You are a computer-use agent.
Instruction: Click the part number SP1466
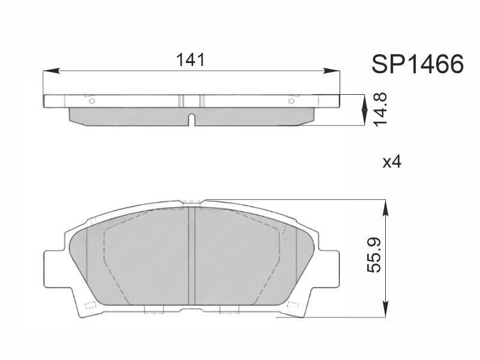(x=418, y=64)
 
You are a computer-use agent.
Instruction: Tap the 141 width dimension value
(x=190, y=60)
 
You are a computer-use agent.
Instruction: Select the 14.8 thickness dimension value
(x=380, y=109)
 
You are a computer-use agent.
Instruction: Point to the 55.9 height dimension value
(x=374, y=254)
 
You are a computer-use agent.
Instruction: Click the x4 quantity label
(x=392, y=161)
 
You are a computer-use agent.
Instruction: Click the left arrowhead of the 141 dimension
(x=51, y=71)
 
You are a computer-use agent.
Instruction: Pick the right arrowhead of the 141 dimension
(x=332, y=71)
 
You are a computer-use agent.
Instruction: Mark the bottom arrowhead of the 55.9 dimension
(x=386, y=309)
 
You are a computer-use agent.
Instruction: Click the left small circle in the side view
(x=92, y=101)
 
